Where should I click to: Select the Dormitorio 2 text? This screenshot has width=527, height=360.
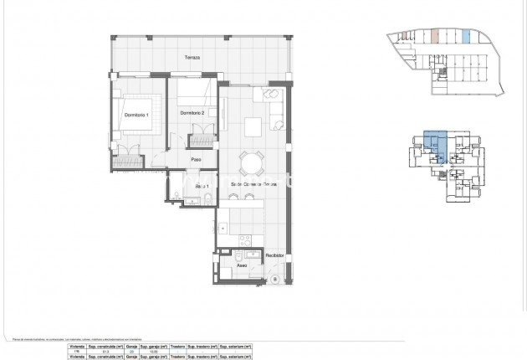[x=192, y=113]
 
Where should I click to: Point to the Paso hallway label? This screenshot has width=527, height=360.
[x=197, y=160]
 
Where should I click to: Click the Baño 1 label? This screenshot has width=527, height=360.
[x=201, y=185]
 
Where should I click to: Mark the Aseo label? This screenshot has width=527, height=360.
[x=241, y=270]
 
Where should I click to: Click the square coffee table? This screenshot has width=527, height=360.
[x=252, y=127]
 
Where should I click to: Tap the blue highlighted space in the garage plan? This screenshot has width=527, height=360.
[x=466, y=37]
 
